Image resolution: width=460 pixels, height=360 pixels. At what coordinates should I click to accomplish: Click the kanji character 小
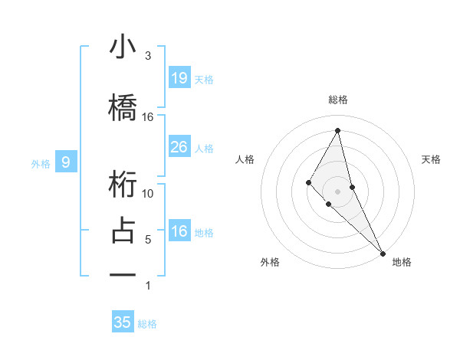coord(123,47)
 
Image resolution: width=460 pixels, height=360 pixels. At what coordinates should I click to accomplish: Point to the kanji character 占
coord(123,231)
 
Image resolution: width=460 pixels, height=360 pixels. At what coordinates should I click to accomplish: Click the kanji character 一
coord(123,273)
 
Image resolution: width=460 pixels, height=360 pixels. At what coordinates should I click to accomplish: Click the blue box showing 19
coord(179,77)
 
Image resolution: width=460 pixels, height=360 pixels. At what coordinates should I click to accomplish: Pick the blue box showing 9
coord(66,162)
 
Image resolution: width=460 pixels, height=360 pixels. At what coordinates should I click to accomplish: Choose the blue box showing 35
coord(123,322)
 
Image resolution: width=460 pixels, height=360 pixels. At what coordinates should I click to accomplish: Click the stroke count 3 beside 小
coord(148,56)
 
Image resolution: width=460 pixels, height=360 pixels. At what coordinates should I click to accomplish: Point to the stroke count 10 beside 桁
coord(148,193)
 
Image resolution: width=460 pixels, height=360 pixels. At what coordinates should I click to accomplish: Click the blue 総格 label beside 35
coord(147,324)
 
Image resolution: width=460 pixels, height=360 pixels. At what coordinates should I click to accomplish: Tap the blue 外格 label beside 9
coord(41,163)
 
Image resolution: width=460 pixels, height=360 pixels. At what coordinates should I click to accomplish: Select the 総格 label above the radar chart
coord(337,100)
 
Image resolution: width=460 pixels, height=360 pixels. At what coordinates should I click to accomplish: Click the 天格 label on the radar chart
coord(431,159)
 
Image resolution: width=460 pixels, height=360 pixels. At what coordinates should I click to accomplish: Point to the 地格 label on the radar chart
coord(402,262)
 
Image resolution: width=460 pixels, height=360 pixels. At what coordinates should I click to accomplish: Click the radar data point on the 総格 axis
coord(337,129)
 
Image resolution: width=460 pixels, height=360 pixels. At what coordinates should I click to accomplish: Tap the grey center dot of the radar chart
coord(337,191)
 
